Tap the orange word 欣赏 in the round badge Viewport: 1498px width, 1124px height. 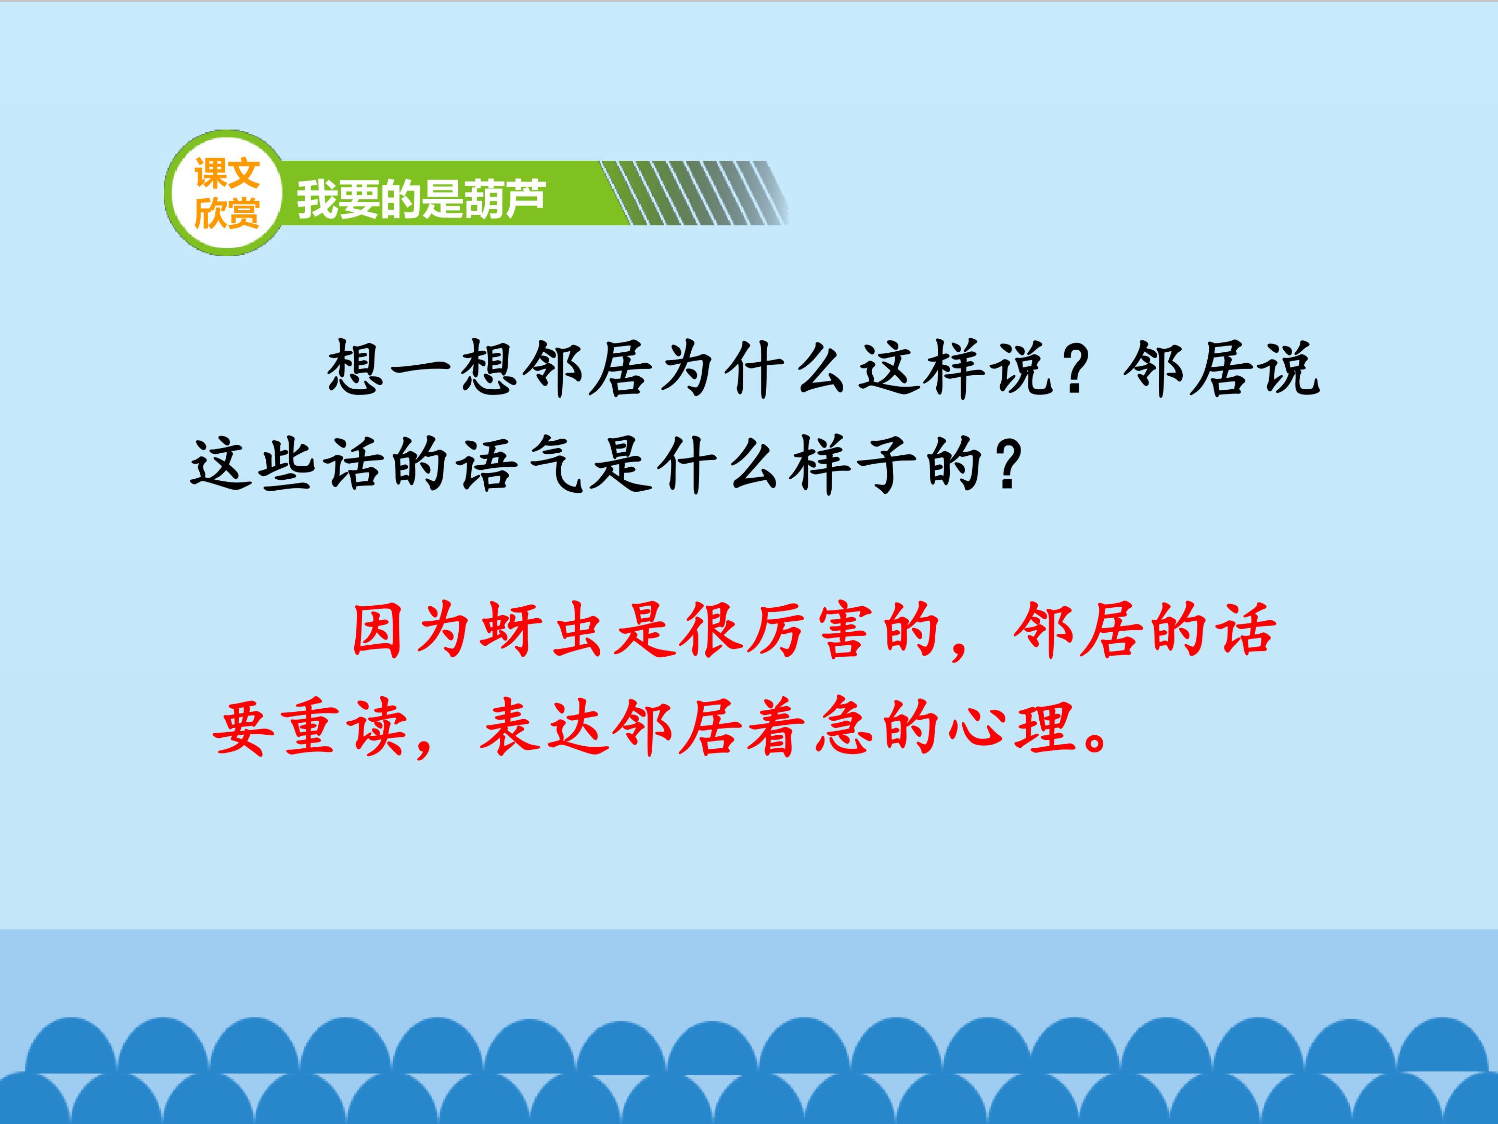(x=227, y=213)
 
